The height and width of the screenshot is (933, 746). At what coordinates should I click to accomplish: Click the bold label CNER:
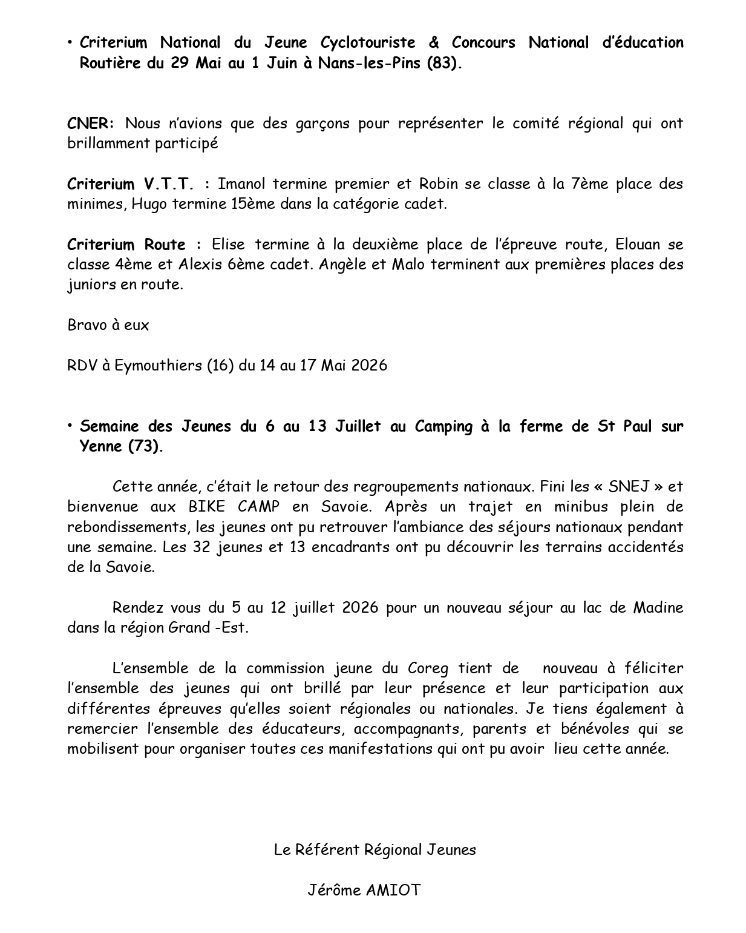90,124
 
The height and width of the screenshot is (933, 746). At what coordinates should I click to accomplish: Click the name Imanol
241,184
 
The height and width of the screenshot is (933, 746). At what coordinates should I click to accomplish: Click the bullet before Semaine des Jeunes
71,426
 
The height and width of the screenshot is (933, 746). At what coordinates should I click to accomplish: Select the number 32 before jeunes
200,547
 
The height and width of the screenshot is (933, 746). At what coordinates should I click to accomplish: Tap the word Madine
658,608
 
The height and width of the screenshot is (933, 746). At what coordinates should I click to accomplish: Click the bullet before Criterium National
71,42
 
